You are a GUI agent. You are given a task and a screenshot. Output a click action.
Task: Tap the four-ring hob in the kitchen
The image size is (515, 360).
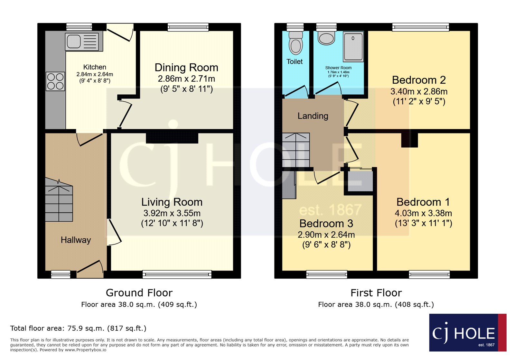(x=55, y=81)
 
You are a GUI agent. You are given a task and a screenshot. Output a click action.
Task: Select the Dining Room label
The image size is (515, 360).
(x=186, y=68)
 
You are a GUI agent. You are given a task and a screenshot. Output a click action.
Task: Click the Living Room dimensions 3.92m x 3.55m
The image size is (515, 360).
(x=172, y=213)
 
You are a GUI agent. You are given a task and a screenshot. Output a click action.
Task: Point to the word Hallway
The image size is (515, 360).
(x=76, y=240)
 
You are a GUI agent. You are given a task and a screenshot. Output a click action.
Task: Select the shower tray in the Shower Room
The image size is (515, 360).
(x=353, y=47)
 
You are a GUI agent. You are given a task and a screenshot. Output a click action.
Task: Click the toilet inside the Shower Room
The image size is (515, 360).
(x=326, y=38)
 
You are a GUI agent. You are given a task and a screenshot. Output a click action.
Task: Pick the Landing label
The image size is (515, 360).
(x=313, y=116)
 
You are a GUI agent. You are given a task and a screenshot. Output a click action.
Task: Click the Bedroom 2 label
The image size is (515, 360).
(x=419, y=80)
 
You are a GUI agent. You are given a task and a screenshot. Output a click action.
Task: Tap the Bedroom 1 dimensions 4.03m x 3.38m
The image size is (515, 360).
(x=423, y=213)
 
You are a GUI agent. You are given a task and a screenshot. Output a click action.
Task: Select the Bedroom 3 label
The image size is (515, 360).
(x=326, y=223)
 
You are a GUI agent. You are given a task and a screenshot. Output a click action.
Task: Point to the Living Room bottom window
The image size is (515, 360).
(x=177, y=274)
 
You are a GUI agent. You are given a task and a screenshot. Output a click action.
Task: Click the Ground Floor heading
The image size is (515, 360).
(x=139, y=293)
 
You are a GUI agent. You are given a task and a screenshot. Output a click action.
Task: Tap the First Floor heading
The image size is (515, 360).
(x=376, y=293)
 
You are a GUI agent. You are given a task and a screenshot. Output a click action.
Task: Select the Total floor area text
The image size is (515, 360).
(x=78, y=328)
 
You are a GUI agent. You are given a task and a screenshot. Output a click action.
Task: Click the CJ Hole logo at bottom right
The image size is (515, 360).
(x=467, y=333)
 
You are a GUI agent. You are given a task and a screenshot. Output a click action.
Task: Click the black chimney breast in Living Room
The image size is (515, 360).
(x=172, y=138)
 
